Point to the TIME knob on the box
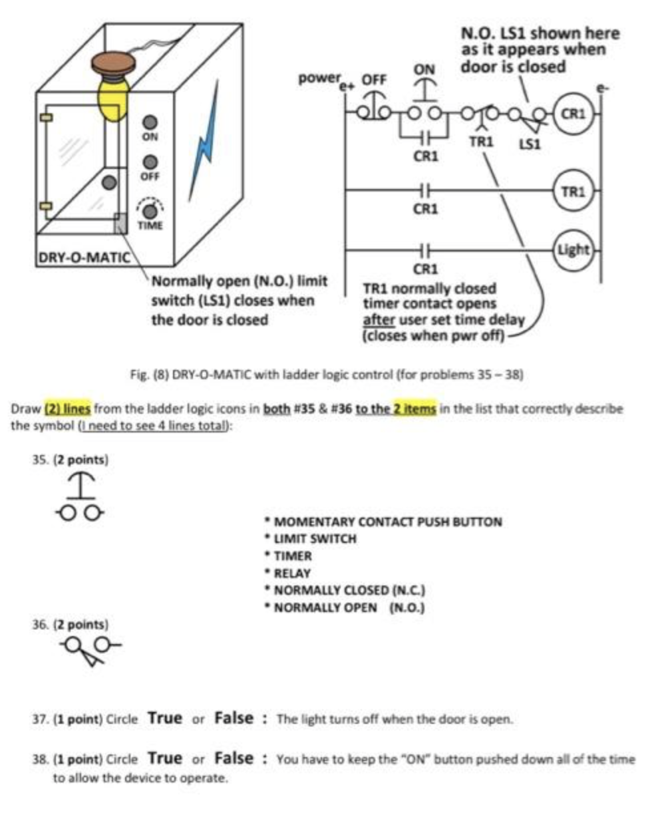150,211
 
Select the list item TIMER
293,556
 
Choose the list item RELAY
292,573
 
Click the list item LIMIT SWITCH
314,539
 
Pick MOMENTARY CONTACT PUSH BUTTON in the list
387,522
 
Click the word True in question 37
164,719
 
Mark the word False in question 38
234,758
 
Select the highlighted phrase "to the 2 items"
396,408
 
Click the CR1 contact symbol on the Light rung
424,250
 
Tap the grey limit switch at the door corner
120,223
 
